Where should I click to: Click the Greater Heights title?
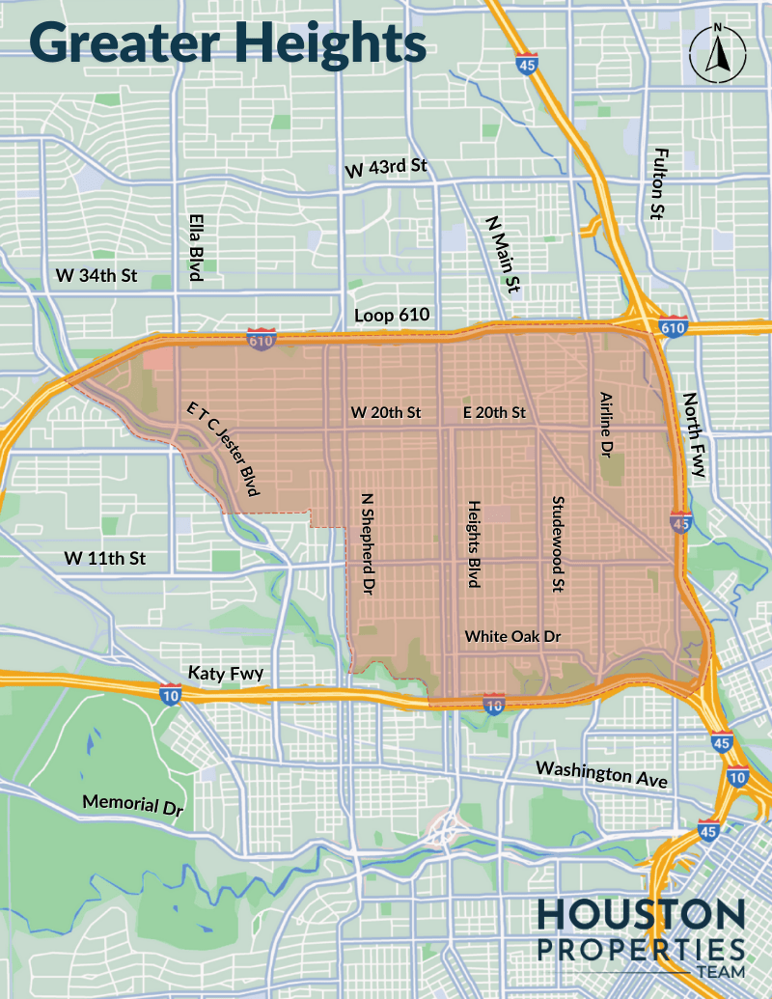coord(227,42)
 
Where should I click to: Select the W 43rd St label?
coord(386,167)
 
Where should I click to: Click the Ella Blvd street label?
coord(196,247)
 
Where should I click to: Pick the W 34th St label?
coord(96,276)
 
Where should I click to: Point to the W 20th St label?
coord(386,412)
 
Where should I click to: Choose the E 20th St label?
coord(494,412)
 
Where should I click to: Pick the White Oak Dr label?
coord(512,636)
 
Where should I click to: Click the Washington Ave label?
coord(602,773)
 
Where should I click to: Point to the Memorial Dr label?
coord(132,805)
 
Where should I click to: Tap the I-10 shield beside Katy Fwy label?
coord(170,691)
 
